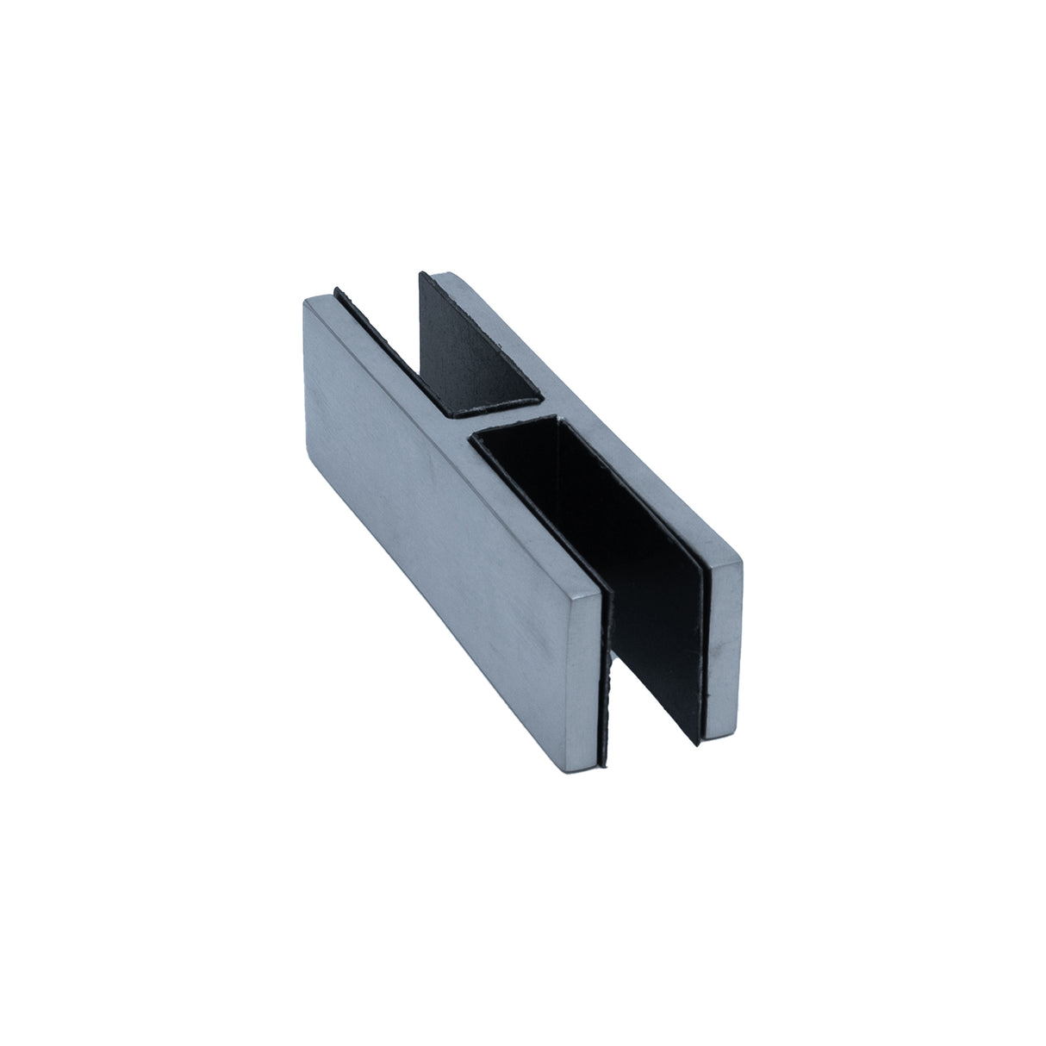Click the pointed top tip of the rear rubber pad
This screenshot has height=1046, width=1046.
[x=420, y=274]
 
